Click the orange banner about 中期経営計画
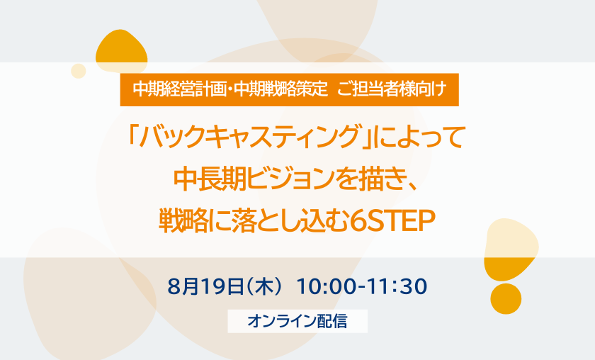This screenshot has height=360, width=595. [x=289, y=89]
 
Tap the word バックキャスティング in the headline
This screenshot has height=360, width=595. [x=249, y=137]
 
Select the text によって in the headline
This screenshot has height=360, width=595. [x=419, y=137]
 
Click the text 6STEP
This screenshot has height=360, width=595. [x=392, y=221]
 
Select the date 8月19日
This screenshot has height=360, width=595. [x=205, y=287]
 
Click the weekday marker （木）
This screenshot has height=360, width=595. [x=264, y=287]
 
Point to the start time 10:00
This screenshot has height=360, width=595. [x=327, y=287]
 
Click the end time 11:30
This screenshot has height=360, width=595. [x=396, y=287]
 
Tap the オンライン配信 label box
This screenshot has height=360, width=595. [x=297, y=321]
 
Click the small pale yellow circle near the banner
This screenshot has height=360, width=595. [x=79, y=71]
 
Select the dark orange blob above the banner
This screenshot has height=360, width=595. [x=121, y=51]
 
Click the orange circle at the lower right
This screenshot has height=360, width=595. [x=506, y=298]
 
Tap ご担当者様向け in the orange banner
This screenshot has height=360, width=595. [x=392, y=89]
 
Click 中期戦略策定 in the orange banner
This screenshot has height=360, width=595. [x=280, y=89]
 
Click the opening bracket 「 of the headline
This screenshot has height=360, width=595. [x=133, y=136]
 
